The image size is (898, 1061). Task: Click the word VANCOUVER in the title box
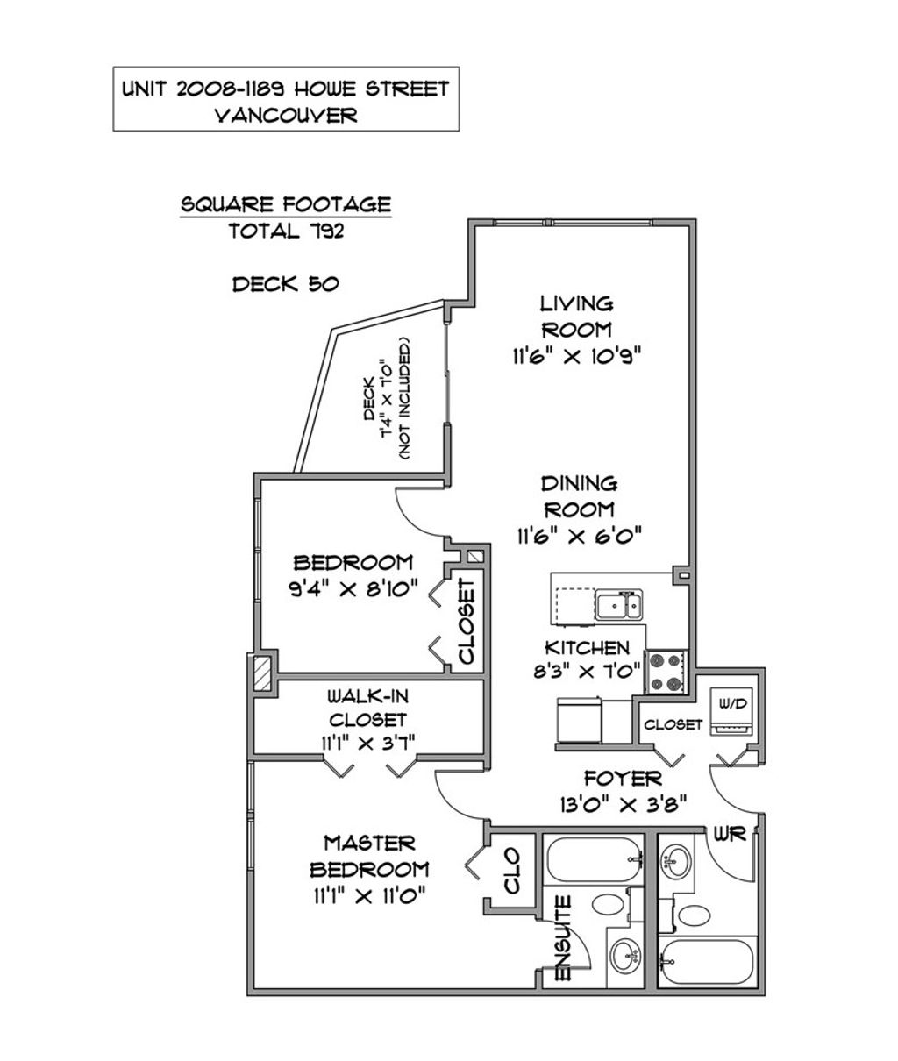286,115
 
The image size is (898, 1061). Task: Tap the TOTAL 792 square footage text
286,231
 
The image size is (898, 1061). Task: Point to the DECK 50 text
286,284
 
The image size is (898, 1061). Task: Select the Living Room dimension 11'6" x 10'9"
576,355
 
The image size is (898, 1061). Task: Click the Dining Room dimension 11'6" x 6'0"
579,537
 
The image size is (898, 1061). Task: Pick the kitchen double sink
618,605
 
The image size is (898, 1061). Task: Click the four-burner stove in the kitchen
666,672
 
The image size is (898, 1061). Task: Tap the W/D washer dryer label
732,703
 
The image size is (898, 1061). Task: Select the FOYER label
623,779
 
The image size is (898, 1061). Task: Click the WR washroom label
730,834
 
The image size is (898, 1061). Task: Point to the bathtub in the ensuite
594,858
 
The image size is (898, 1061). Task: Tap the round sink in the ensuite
625,954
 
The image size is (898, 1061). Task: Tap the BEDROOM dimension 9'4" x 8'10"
353,588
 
